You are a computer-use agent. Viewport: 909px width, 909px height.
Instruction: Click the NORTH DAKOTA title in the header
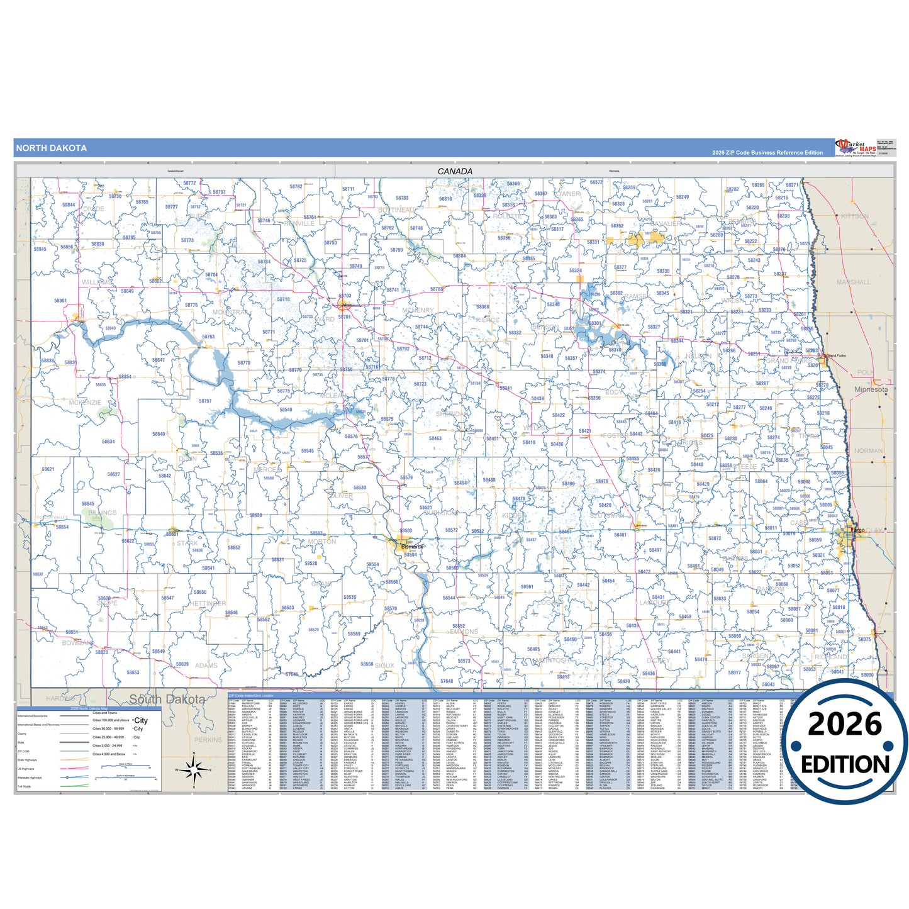52,148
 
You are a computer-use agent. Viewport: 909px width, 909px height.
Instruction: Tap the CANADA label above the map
455,171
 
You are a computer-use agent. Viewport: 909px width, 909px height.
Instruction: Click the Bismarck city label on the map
412,547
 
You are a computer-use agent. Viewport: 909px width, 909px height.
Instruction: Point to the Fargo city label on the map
858,530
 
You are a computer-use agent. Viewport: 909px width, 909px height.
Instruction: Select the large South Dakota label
167,700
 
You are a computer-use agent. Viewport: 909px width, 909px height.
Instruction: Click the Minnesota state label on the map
871,389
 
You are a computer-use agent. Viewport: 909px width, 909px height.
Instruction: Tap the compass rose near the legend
194,768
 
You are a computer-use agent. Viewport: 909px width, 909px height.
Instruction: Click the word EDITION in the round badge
845,765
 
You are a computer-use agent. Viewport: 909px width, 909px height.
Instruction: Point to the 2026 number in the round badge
845,724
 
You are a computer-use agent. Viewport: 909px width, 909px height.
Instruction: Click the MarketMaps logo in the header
856,147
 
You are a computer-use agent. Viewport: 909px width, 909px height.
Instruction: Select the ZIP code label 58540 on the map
286,410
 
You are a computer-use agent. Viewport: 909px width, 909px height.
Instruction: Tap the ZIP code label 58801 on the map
60,301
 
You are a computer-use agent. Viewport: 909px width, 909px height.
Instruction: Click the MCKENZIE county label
85,403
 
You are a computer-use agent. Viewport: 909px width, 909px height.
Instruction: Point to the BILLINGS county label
102,513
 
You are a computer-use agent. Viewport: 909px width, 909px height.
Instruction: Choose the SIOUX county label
384,666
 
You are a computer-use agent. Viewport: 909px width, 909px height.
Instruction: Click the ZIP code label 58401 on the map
620,535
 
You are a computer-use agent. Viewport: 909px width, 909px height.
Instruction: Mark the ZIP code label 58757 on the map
205,401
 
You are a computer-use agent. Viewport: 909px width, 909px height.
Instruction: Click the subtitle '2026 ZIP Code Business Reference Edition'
767,153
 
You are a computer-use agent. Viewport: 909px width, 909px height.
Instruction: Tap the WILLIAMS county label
96,282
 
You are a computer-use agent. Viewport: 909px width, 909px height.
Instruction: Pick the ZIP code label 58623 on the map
102,652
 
